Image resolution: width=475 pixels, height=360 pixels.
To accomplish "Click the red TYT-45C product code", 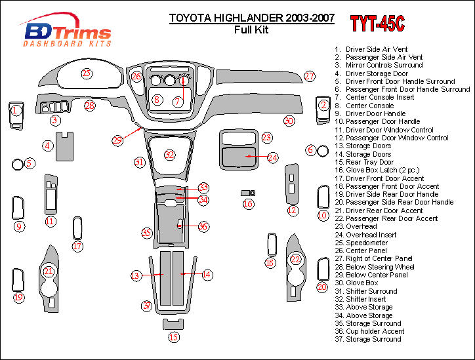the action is [377, 24].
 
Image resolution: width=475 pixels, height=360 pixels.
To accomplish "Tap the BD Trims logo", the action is [68, 30].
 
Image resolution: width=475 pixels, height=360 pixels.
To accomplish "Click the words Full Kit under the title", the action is [251, 30].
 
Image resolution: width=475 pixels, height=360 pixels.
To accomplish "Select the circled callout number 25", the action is [87, 73].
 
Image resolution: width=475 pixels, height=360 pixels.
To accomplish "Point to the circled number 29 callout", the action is [117, 140].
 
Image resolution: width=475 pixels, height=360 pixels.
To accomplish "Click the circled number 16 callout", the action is [248, 204].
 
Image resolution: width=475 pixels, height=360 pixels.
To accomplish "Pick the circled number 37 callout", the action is [147, 306].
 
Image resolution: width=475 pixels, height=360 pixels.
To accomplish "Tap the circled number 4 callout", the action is [47, 146].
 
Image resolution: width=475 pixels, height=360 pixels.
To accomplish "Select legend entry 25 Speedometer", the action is [361, 243].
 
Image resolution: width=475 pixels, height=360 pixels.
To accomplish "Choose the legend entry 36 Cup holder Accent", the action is [369, 331].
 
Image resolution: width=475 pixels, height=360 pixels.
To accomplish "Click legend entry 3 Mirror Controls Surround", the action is [379, 65].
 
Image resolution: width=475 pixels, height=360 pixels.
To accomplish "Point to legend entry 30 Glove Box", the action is [356, 283].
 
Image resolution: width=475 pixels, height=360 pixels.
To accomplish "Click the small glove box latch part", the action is [248, 193].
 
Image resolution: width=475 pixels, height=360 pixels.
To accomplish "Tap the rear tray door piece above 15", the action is [173, 324].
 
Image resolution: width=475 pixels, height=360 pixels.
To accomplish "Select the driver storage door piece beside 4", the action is [64, 147].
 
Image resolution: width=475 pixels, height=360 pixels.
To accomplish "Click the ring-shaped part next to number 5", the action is [18, 165].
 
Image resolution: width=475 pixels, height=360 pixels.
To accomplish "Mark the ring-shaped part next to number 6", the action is [323, 151].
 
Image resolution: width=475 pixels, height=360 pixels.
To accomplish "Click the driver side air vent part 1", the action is [16, 116].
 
